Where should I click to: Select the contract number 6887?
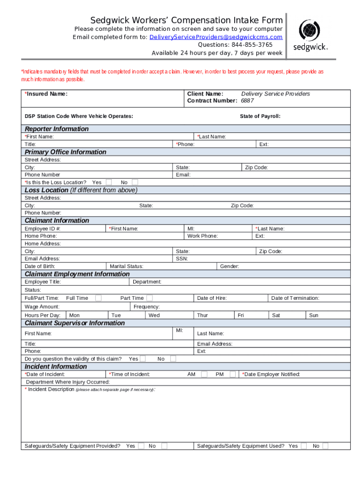tap(248, 101)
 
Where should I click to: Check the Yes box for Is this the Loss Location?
tap(108, 182)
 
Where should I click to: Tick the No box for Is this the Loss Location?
tap(135, 182)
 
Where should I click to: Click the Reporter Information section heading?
tap(57, 129)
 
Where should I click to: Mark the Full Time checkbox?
tap(98, 298)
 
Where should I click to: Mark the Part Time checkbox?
tap(149, 298)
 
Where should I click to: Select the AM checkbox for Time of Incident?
tap(204, 374)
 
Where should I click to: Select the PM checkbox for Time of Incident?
tap(232, 374)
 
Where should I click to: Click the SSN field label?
tap(182, 259)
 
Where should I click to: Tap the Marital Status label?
tap(126, 266)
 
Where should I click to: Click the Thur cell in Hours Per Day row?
tap(202, 315)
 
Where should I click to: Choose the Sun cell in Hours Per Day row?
tap(314, 315)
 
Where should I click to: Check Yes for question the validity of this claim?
tap(143, 359)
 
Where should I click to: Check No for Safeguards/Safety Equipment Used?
tap(325, 446)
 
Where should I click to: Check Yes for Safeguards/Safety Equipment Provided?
tap(141, 446)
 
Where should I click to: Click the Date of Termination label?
tap(295, 298)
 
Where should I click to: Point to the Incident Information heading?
tap(56, 366)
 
